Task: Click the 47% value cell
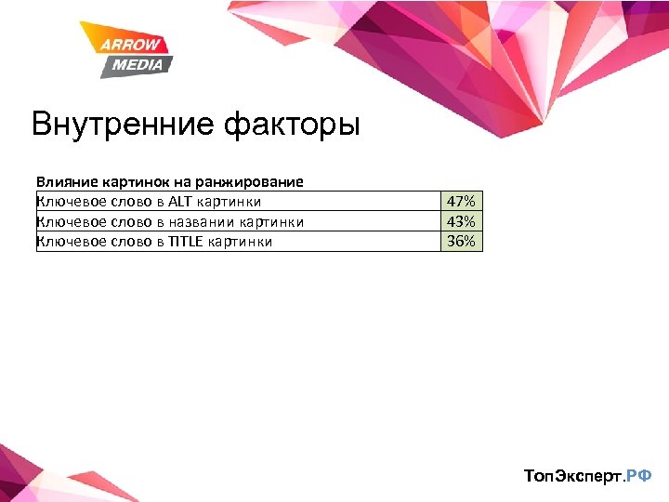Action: [x=461, y=202]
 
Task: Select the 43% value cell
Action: [x=461, y=221]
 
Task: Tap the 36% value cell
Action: [x=461, y=242]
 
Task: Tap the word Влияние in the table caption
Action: [x=64, y=182]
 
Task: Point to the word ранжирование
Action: [x=256, y=182]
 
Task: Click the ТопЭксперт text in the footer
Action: [x=573, y=476]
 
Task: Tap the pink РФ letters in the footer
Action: [x=639, y=476]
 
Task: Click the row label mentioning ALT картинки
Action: [x=149, y=202]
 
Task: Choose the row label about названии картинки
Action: [x=170, y=221]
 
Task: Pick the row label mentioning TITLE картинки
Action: [x=154, y=242]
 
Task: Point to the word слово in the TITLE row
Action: [x=123, y=242]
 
